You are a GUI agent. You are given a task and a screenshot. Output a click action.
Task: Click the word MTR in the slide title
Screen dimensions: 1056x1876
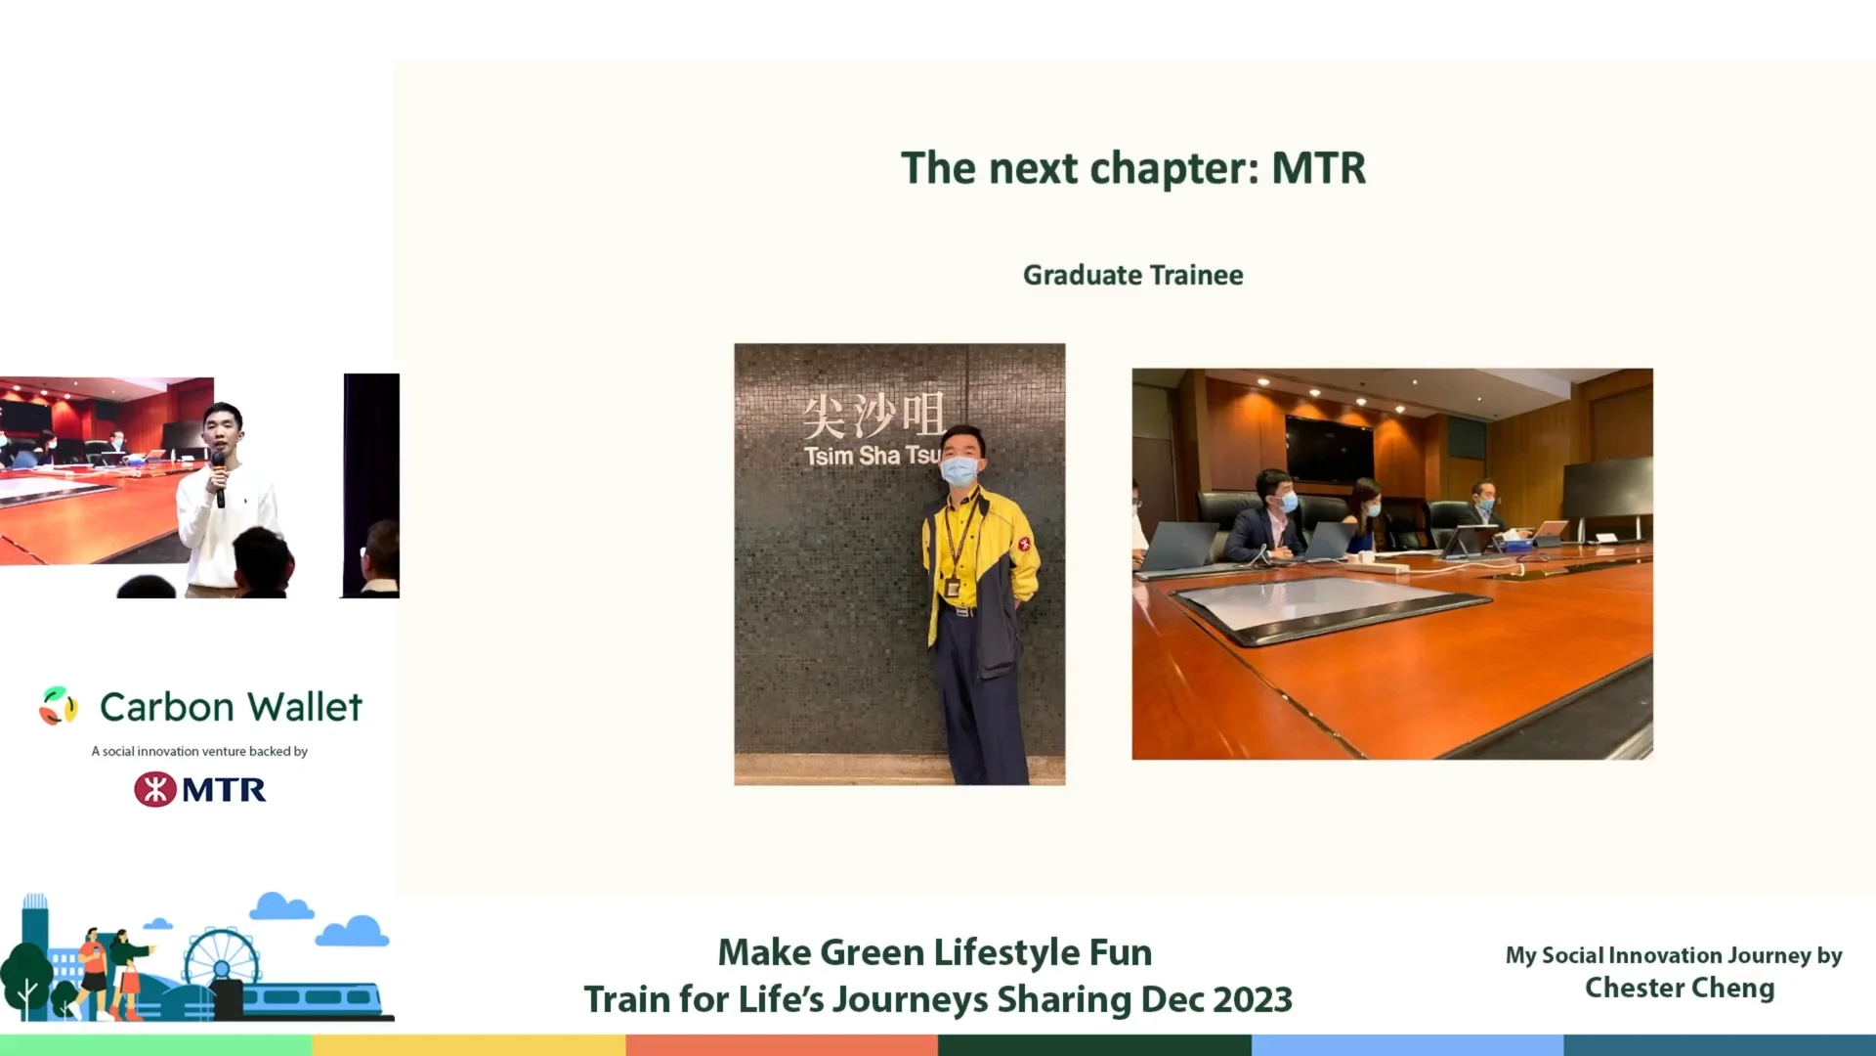(1318, 168)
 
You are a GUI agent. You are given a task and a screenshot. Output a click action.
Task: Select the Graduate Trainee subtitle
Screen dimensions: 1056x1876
(1132, 275)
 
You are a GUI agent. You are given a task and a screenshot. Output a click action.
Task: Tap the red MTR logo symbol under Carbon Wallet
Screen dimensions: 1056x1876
(155, 789)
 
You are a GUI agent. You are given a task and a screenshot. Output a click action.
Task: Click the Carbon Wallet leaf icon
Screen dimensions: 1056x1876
(58, 706)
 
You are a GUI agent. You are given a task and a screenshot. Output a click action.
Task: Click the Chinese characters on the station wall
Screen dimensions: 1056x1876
(873, 415)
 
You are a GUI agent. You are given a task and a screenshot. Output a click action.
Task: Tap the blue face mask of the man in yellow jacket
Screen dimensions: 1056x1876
(959, 471)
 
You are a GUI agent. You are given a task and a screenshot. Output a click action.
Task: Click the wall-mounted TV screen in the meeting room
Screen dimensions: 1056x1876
(1328, 451)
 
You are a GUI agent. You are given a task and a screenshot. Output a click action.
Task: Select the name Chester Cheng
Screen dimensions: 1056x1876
(1679, 988)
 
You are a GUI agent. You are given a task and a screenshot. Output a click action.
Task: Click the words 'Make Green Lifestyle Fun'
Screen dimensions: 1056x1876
(935, 952)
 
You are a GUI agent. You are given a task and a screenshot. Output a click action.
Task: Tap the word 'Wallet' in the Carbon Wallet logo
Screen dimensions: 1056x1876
(305, 707)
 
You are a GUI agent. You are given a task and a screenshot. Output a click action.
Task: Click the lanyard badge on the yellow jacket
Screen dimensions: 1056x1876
(952, 587)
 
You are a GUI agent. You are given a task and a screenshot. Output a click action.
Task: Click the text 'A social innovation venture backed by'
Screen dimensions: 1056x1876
(199, 751)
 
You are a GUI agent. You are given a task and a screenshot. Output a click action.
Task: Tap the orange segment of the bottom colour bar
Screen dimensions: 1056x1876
(782, 1045)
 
